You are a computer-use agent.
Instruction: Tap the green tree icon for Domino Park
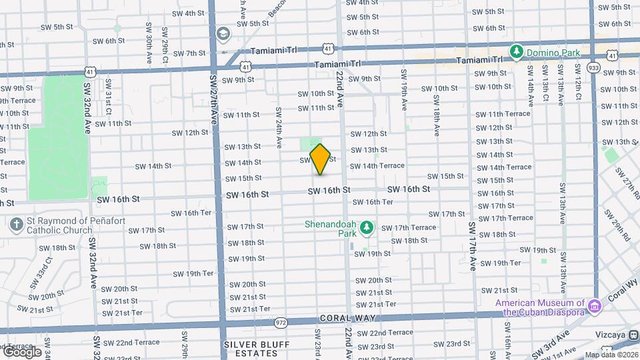pos(515,51)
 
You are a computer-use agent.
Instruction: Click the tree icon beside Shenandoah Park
pos(366,229)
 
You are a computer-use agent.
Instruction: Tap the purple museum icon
pos(595,307)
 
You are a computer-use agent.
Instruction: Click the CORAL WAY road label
pos(347,319)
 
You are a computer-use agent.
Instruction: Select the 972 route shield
pos(281,323)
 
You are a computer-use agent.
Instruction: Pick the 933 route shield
pos(593,67)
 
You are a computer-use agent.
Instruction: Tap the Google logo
pos(22,352)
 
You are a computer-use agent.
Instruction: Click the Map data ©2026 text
pos(612,355)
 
